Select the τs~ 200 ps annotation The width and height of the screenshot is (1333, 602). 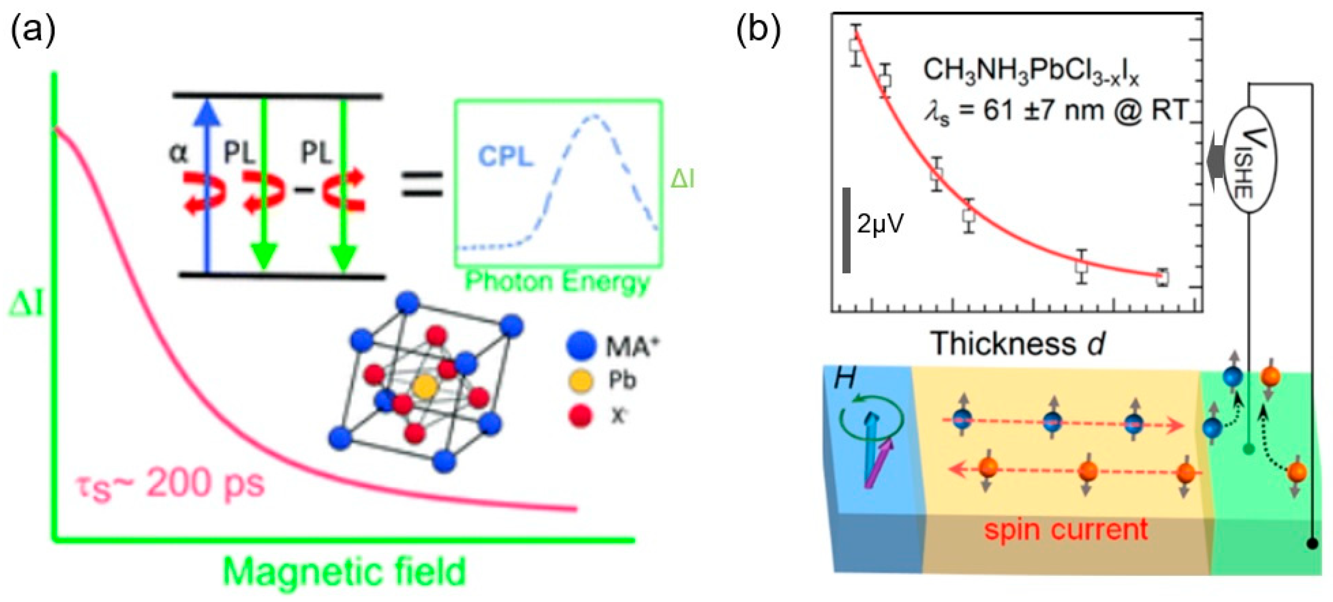click(171, 485)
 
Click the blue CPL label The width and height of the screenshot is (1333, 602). click(505, 155)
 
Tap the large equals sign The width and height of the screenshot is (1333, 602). click(422, 184)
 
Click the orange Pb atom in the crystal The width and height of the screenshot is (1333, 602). click(425, 386)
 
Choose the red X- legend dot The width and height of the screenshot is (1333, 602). click(580, 415)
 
